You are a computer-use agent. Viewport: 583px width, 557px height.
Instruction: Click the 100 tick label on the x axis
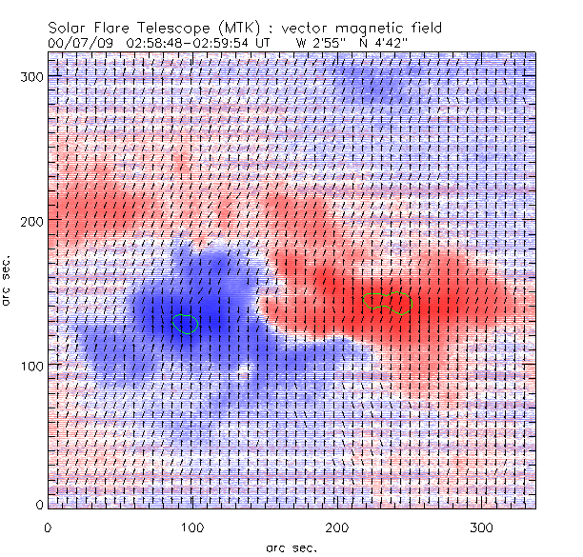coord(191,527)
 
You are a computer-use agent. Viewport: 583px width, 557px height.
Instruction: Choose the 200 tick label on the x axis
coord(336,527)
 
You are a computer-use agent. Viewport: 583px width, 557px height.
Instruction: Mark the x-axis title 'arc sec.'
coord(291,547)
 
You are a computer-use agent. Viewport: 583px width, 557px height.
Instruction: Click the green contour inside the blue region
coord(187,324)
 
